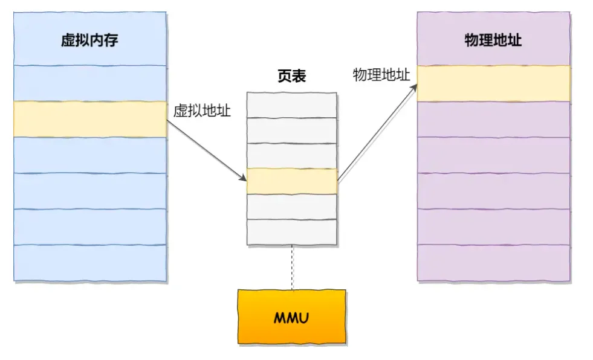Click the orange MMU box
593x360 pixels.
tap(291, 317)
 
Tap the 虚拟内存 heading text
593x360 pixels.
tap(90, 41)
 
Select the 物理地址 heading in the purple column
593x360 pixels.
tap(493, 41)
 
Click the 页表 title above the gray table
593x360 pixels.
tap(291, 76)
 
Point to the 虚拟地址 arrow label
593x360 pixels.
tap(202, 111)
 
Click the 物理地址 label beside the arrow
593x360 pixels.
tap(381, 75)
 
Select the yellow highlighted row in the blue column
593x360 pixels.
tap(90, 119)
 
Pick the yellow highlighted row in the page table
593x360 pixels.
tap(291, 181)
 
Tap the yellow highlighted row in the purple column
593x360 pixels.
tap(493, 83)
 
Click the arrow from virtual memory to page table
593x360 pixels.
tap(206, 149)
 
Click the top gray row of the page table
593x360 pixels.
tap(291, 104)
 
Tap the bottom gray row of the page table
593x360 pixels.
tap(291, 232)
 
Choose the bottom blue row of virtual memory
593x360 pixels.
tap(90, 262)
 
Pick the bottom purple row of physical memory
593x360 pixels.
tap(493, 262)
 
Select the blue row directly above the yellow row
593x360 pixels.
tap(90, 83)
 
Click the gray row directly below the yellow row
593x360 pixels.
tap(291, 206)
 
